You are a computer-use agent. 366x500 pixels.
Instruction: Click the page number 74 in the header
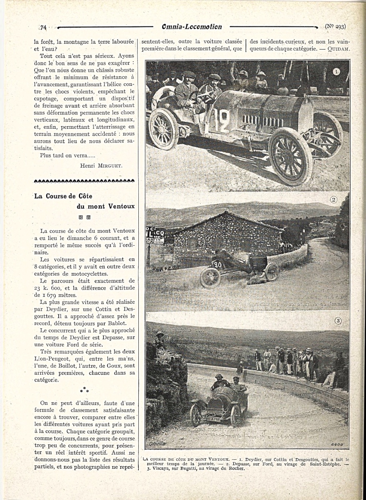coord(43,27)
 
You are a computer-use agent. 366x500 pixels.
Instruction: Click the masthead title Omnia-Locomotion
coord(192,27)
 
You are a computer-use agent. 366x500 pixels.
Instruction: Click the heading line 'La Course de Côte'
coord(63,196)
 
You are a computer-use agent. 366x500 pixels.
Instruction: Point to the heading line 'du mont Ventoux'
coord(105,206)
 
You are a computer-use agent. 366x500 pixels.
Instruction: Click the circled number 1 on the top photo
coord(336,72)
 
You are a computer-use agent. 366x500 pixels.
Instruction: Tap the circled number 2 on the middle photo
coord(333,200)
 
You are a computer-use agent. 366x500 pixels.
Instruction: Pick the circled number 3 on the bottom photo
coord(338,321)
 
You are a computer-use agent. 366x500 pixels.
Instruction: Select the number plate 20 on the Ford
coord(217,264)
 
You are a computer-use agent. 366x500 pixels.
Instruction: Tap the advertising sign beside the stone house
coord(155,235)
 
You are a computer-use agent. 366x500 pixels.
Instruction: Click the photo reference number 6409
coord(336,445)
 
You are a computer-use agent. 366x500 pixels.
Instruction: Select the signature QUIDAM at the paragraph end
coord(338,49)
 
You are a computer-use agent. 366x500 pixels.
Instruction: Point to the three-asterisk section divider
coord(85,390)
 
